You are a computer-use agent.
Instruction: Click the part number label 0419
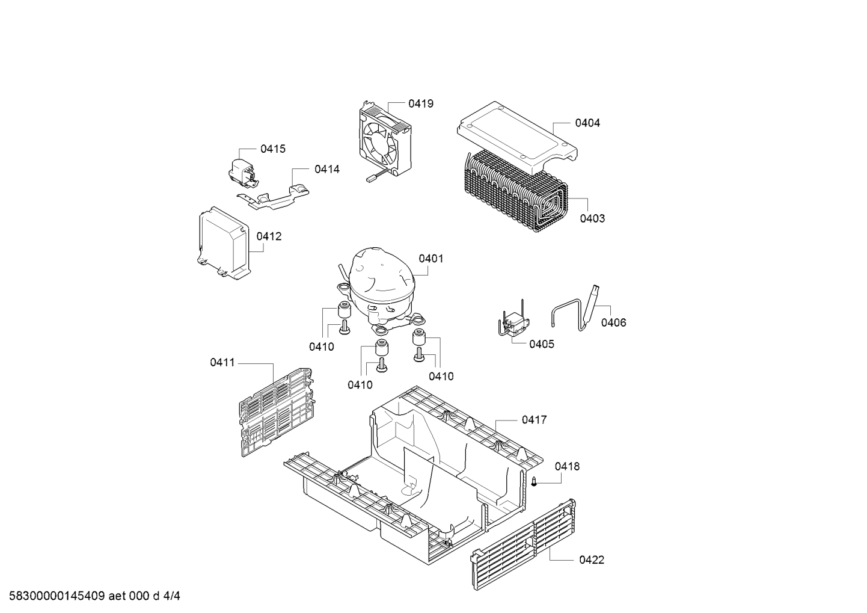click(x=421, y=104)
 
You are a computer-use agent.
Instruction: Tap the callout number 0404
click(x=587, y=123)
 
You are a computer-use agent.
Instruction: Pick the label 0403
click(x=592, y=219)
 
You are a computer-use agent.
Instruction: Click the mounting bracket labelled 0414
click(x=273, y=195)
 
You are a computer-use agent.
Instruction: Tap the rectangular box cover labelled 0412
click(x=223, y=243)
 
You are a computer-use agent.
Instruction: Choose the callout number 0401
click(x=430, y=259)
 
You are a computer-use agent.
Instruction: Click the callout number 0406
click(x=613, y=322)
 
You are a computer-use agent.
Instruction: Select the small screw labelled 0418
click(x=534, y=482)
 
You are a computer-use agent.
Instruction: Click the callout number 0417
click(x=534, y=420)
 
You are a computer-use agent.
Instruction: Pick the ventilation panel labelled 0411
click(x=277, y=412)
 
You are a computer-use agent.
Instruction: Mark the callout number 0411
click(x=222, y=363)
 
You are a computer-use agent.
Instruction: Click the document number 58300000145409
click(x=57, y=596)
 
